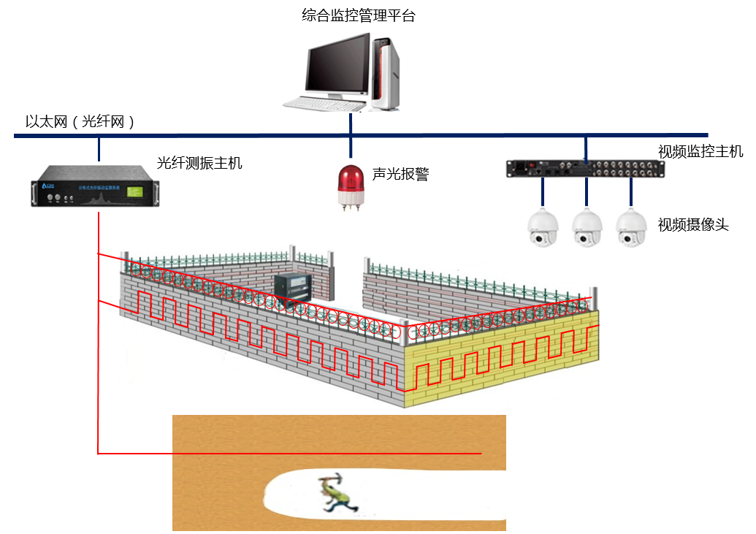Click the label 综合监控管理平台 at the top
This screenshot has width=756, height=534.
(358, 15)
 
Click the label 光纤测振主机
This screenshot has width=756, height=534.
(199, 163)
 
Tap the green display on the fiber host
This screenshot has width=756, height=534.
(134, 192)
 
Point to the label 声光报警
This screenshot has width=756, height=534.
(400, 174)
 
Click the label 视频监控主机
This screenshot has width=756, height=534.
(700, 152)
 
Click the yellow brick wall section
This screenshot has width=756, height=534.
(504, 358)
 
